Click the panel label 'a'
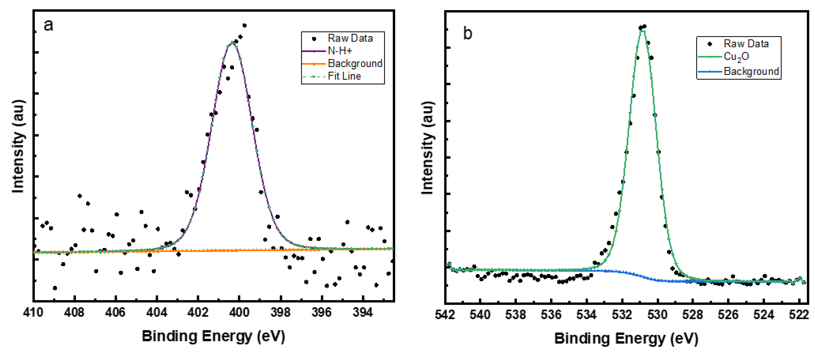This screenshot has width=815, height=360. tap(48, 25)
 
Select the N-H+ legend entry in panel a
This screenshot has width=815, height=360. tap(340, 51)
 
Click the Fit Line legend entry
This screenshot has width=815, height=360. tap(344, 76)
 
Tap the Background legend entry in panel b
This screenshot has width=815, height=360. tap(751, 71)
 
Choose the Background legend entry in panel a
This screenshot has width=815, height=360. tap(355, 64)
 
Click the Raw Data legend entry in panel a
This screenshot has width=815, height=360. tap(350, 38)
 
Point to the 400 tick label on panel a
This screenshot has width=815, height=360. tap(239, 313)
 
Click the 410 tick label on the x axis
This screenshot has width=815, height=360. tap(33, 313)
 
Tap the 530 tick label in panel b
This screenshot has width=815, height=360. tap(658, 315)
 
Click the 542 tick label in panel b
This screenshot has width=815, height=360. tap(445, 315)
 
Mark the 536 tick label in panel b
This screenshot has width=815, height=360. tap(551, 315)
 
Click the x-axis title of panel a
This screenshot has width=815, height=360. tap(214, 336)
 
